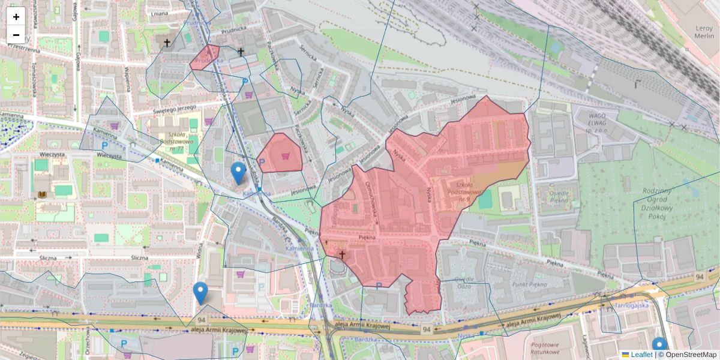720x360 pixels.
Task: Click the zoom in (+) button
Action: click(x=16, y=16)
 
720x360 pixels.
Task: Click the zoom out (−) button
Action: click(x=16, y=34)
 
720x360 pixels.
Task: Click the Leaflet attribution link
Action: click(x=641, y=355)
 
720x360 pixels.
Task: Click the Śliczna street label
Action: click(x=139, y=257)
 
